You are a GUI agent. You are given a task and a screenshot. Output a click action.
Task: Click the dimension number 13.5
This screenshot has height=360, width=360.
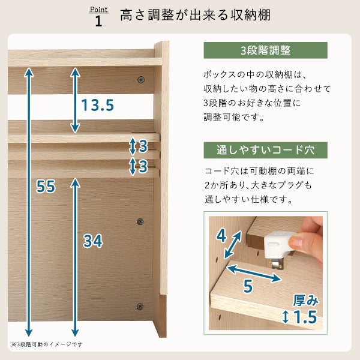(x=98, y=105)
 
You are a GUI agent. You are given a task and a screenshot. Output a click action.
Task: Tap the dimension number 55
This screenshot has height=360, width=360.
(x=46, y=186)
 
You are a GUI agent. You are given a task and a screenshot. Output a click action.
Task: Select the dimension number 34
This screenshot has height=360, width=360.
(x=93, y=241)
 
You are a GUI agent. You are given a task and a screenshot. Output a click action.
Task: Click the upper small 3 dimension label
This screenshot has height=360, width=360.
(x=143, y=146)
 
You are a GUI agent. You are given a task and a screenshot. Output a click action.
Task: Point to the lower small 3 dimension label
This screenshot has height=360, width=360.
(x=143, y=166)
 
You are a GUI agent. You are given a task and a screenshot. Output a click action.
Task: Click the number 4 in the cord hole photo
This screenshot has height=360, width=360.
(x=221, y=236)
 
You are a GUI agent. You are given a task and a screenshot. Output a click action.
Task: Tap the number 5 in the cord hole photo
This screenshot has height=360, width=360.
(x=248, y=286)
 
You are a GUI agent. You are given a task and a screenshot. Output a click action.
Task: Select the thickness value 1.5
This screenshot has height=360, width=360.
(x=305, y=317)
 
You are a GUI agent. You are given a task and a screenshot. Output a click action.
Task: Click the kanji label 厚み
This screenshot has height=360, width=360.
(x=306, y=301)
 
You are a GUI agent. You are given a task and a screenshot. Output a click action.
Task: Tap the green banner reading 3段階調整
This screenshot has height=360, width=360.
(x=265, y=50)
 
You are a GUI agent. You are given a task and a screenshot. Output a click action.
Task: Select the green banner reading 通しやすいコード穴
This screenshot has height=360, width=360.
(x=265, y=150)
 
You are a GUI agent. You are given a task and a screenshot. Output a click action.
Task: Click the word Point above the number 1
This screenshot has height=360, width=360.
(x=99, y=10)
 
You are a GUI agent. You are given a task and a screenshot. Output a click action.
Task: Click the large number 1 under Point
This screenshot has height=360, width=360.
(x=98, y=21)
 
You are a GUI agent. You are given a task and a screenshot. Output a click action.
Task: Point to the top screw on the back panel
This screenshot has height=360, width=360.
(x=141, y=80)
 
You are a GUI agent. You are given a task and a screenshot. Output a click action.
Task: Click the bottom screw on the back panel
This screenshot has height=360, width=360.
(x=140, y=307)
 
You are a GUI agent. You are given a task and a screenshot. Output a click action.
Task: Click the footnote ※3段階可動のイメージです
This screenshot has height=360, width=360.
(x=47, y=344)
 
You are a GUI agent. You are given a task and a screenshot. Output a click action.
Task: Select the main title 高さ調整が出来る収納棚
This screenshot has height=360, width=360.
(x=195, y=15)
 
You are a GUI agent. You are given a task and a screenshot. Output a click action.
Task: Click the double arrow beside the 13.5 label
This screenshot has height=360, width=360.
(x=75, y=100)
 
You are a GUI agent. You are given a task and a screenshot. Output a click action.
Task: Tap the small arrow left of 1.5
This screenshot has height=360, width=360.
(x=286, y=317)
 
